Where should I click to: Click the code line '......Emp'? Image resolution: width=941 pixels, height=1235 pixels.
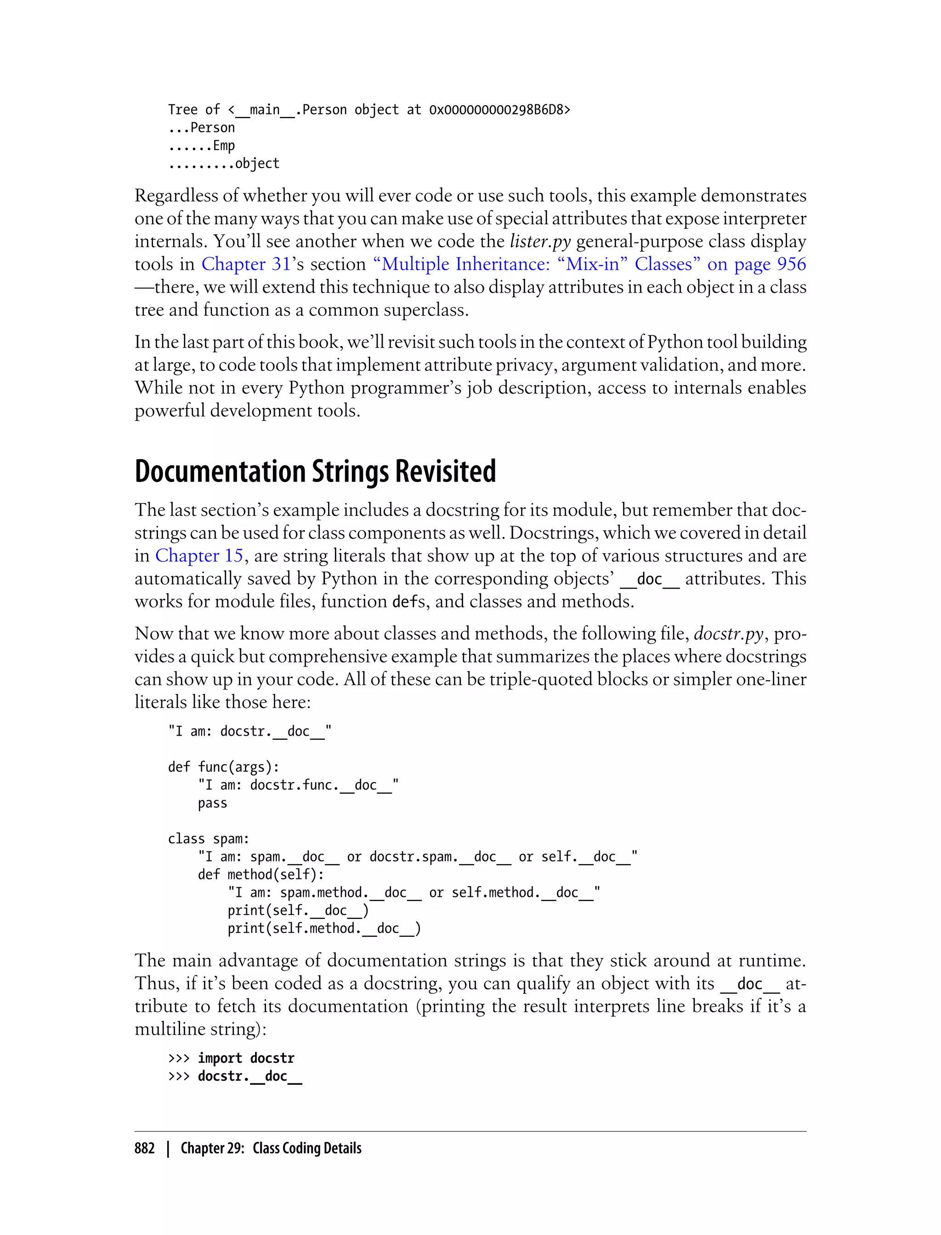point(201,146)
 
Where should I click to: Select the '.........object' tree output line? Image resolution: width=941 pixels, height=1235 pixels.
point(223,164)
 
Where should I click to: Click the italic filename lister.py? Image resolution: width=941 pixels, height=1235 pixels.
point(540,241)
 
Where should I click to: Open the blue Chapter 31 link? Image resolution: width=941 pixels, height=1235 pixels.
point(246,264)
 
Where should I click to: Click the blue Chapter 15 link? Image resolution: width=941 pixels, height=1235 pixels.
point(199,555)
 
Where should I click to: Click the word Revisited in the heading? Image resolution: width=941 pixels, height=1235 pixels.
point(445,471)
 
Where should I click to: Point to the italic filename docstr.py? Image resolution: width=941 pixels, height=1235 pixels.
point(728,634)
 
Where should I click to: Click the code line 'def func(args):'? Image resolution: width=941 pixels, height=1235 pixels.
point(223,767)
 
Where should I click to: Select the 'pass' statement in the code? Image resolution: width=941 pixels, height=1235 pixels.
point(212,803)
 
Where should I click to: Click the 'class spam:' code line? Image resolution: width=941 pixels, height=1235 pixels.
point(208,838)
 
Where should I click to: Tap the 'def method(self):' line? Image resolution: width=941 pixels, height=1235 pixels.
point(261,874)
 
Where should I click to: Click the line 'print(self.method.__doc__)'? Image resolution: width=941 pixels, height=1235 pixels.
point(324,928)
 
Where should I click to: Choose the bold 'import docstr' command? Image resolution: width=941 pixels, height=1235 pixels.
point(246,1058)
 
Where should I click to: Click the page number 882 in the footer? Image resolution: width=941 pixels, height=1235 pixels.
point(145,1148)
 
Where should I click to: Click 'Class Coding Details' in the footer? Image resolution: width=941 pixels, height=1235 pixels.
point(307,1148)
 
